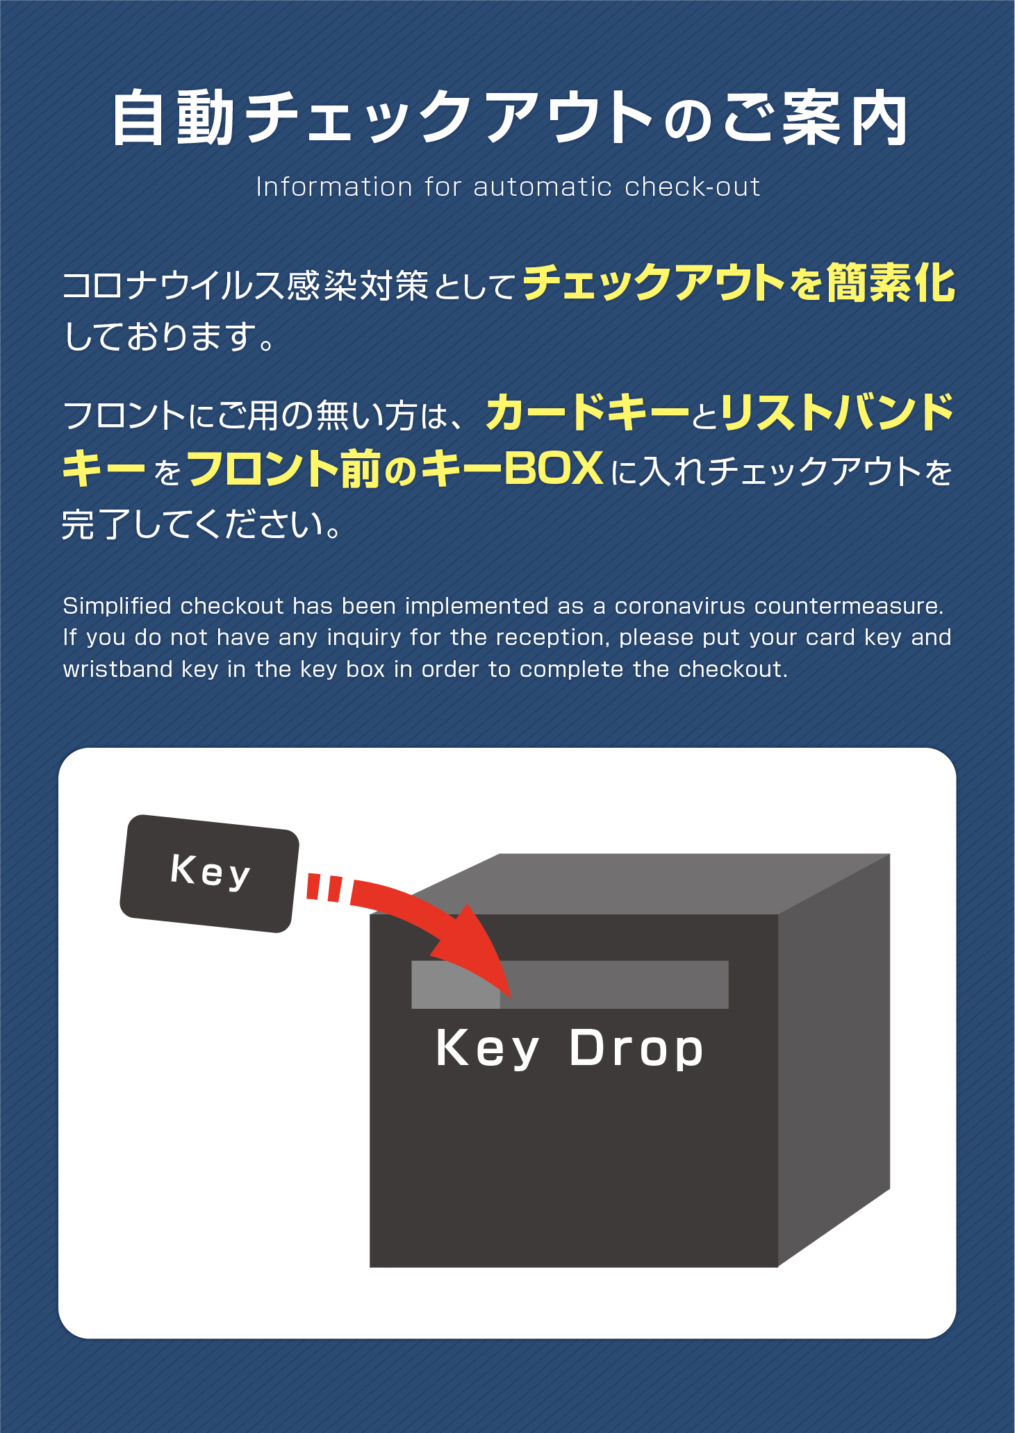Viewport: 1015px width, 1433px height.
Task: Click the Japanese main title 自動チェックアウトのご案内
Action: tap(509, 118)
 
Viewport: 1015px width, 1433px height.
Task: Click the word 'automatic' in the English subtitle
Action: tap(543, 187)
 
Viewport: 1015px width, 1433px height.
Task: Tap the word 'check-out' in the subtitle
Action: tap(693, 187)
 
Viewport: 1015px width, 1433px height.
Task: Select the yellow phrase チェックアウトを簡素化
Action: tap(739, 283)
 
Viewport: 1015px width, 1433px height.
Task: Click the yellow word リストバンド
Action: tap(837, 412)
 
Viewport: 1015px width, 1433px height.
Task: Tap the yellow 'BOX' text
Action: tap(553, 469)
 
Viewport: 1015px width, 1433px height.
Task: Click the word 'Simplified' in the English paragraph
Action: tap(117, 607)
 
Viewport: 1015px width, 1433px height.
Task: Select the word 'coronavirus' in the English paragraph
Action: tap(679, 607)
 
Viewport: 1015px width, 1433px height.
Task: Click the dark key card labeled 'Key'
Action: tap(210, 873)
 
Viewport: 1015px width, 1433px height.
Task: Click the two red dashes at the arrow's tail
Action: tap(324, 887)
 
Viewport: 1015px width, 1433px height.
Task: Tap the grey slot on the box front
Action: tap(570, 984)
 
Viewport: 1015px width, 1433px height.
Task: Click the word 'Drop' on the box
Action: tap(636, 1049)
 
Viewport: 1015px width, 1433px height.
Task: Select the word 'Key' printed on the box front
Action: tap(487, 1049)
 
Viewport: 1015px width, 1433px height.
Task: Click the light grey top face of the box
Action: tap(650, 884)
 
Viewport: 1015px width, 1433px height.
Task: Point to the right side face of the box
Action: tap(834, 1059)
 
